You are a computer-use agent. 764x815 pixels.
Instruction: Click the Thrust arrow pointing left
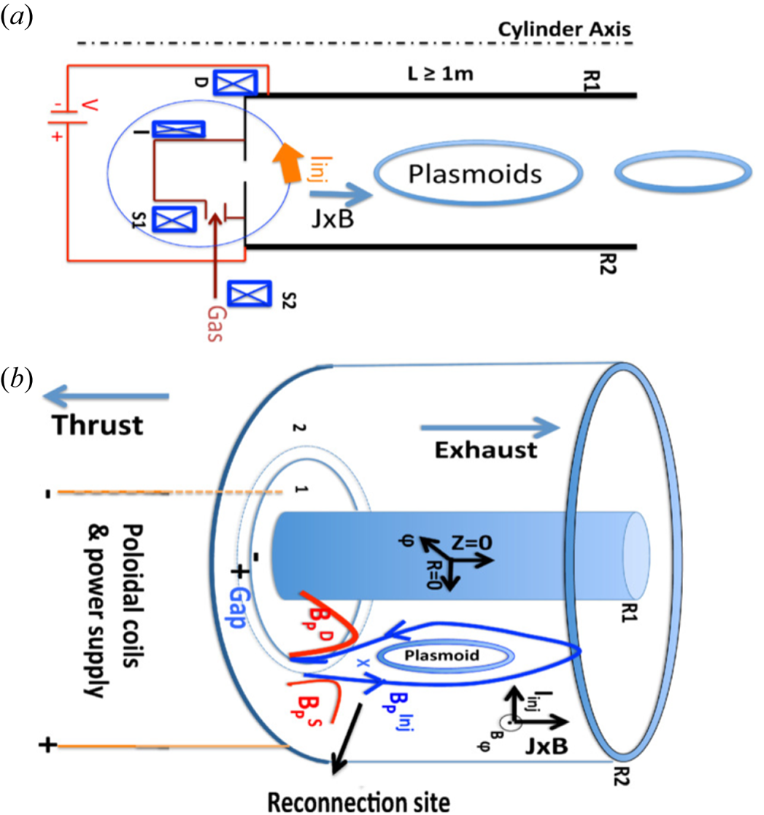tap(107, 396)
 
